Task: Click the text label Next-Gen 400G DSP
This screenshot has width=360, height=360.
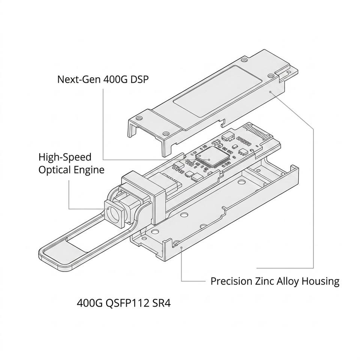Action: [x=103, y=79]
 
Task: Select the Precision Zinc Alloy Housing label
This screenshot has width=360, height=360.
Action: [x=275, y=281]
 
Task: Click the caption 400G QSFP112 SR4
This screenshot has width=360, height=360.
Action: [x=124, y=303]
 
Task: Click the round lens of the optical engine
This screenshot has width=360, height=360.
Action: [x=113, y=213]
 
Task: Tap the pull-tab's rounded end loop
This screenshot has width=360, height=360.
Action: [x=55, y=255]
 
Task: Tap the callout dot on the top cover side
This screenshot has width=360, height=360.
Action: [x=270, y=91]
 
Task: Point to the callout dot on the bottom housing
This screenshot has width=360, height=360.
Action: [x=181, y=247]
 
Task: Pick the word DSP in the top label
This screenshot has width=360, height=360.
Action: [x=139, y=79]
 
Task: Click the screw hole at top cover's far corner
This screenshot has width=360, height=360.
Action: [x=244, y=60]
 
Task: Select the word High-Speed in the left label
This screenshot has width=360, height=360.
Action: [x=65, y=157]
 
